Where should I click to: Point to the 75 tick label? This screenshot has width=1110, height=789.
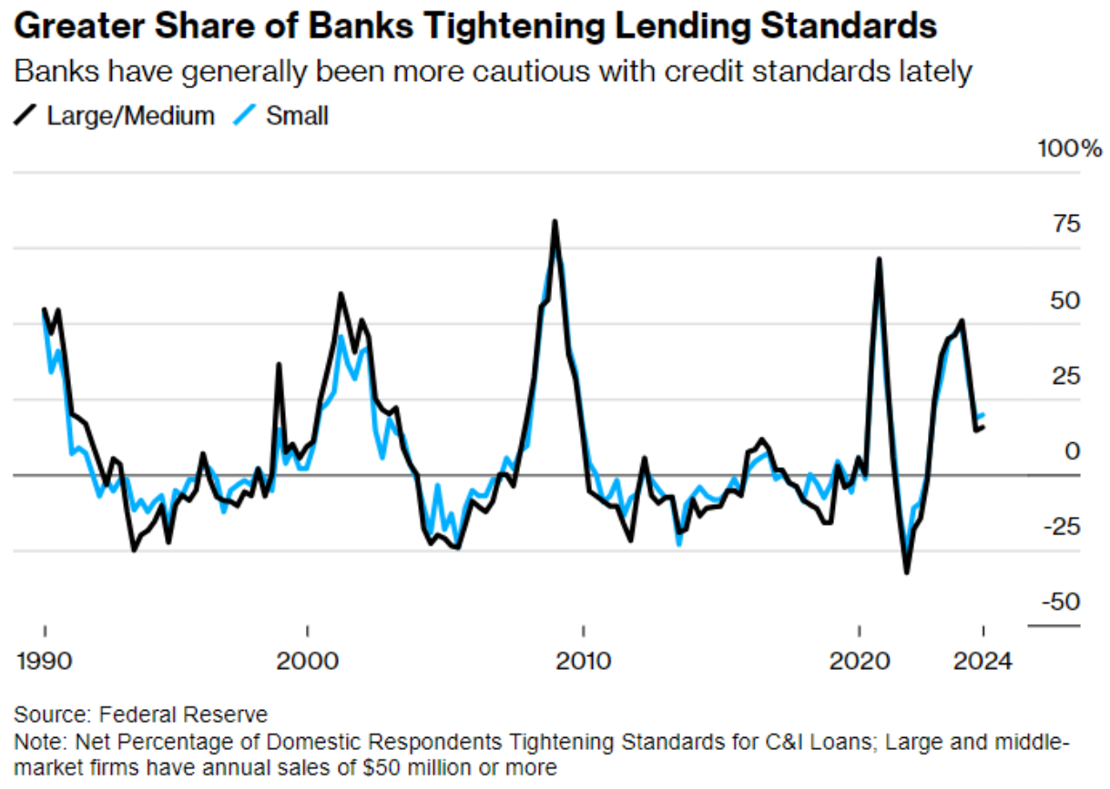click(1061, 224)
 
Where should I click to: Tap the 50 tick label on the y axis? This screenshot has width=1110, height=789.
click(1061, 300)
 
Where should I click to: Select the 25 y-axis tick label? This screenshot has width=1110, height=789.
click(1061, 375)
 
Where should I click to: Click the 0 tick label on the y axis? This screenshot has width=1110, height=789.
click(1072, 450)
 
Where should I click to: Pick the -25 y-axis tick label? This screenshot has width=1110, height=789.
click(1057, 526)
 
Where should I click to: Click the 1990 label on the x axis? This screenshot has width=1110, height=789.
click(46, 661)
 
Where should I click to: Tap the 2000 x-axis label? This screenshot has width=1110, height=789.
click(309, 661)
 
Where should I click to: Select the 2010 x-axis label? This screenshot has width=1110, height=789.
click(584, 661)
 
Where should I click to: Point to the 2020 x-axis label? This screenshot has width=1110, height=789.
click(859, 661)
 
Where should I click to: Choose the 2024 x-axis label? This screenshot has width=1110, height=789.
click(983, 661)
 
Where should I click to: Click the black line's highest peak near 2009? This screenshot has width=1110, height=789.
click(555, 222)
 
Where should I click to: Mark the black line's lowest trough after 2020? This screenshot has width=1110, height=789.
click(906, 572)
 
